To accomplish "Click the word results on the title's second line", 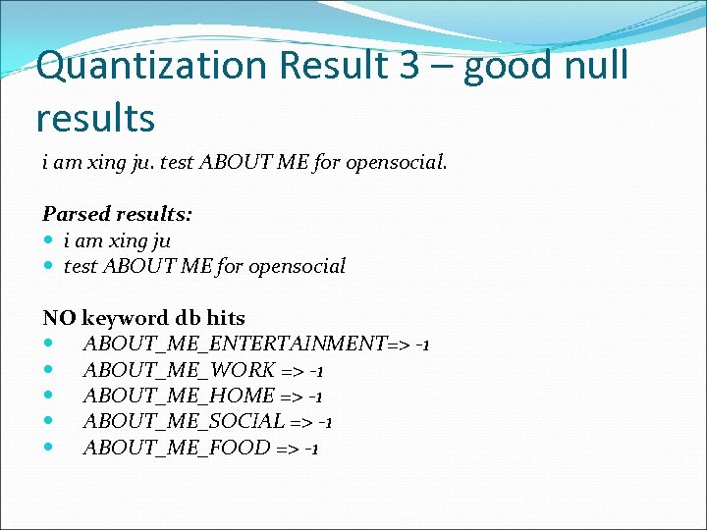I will (95, 118).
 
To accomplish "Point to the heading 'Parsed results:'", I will (117, 214).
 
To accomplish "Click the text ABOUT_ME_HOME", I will (180, 397).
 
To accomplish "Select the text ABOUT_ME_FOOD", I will (177, 449).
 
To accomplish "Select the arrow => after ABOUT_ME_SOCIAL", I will (301, 422).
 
